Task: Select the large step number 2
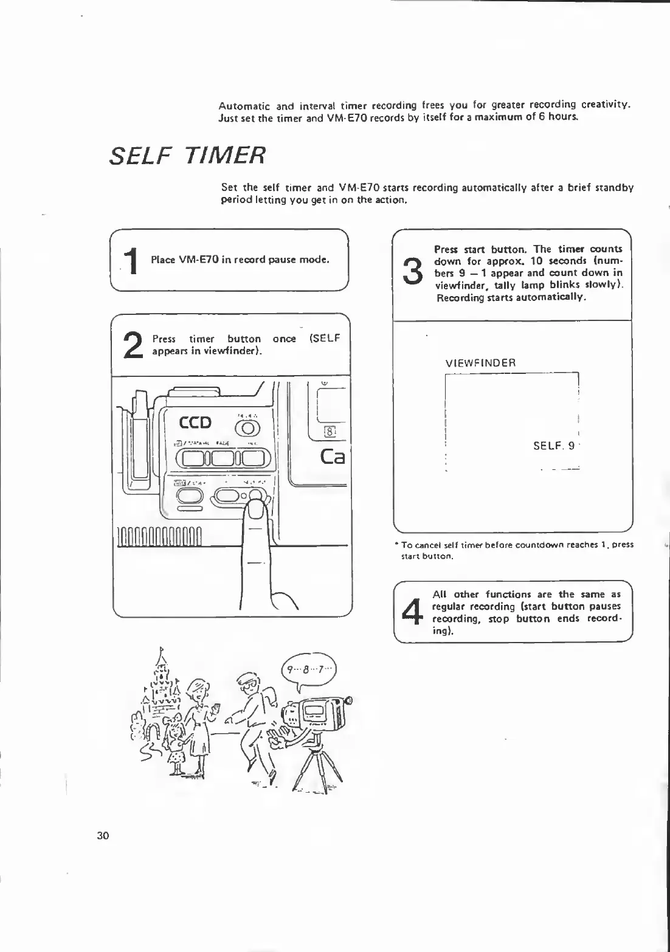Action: click(133, 347)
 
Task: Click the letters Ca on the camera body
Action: click(331, 456)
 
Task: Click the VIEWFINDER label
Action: click(480, 363)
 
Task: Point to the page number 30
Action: click(103, 835)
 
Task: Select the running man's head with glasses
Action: click(248, 684)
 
